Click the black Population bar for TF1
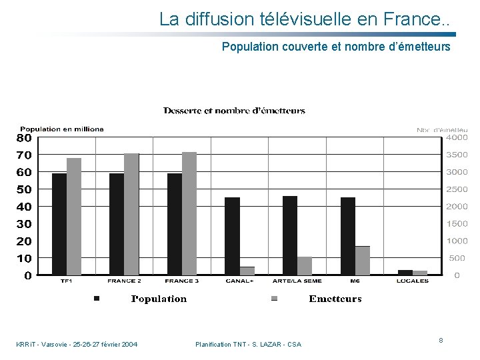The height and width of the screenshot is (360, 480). tap(59, 224)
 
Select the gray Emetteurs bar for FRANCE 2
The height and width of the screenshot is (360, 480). tap(131, 214)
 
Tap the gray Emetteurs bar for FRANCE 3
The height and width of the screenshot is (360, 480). tap(189, 213)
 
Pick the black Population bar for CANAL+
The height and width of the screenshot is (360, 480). tap(232, 236)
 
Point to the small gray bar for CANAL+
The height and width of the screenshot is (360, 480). tap(247, 271)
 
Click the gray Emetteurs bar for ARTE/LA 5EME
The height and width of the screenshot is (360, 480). tap(305, 266)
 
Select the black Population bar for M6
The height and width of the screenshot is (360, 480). tap(348, 236)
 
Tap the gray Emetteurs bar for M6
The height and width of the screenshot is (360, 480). tap(362, 261)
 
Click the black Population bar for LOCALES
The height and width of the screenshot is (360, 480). tap(405, 272)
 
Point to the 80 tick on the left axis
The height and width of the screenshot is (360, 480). tap(24, 138)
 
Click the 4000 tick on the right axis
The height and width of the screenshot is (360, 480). tap(457, 138)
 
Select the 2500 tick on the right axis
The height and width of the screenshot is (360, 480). tap(457, 189)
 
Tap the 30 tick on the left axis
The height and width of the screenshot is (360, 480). tap(24, 224)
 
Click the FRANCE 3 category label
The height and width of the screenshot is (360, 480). tap(181, 281)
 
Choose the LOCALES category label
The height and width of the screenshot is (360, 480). tap(413, 281)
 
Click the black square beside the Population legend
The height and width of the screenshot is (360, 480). tap(97, 299)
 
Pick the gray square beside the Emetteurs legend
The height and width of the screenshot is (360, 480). tap(274, 299)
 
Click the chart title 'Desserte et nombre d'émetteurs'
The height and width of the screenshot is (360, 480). tap(235, 111)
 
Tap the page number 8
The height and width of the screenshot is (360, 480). tap(441, 340)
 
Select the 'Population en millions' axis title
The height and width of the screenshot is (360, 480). tap(62, 129)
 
